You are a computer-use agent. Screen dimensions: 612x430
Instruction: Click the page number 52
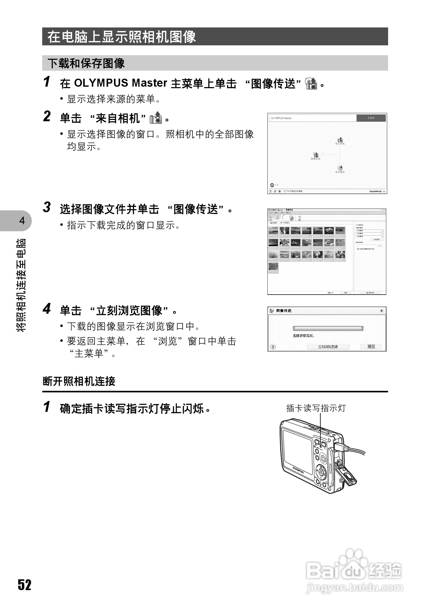click(24, 585)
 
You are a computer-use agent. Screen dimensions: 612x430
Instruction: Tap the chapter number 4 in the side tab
click(22, 221)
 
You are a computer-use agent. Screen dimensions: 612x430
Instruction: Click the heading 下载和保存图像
click(86, 63)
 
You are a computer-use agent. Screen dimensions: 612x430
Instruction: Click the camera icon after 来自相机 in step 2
click(156, 118)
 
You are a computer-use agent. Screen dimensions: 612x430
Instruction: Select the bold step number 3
click(47, 208)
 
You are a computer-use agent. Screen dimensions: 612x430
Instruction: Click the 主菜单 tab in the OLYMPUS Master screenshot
click(371, 118)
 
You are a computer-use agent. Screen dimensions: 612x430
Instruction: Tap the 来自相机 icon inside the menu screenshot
click(340, 140)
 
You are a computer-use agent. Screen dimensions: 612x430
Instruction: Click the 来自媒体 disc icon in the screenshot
click(340, 168)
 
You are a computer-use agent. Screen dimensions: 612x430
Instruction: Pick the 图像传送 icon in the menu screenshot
click(315, 155)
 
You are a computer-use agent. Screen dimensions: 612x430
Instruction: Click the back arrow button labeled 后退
click(272, 185)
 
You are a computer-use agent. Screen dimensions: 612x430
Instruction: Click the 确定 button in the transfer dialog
click(371, 347)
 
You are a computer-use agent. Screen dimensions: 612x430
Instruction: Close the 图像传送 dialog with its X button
click(382, 311)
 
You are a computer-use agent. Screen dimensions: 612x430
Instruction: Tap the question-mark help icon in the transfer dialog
click(273, 347)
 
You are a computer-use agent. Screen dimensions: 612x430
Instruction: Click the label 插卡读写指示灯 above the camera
click(316, 408)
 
